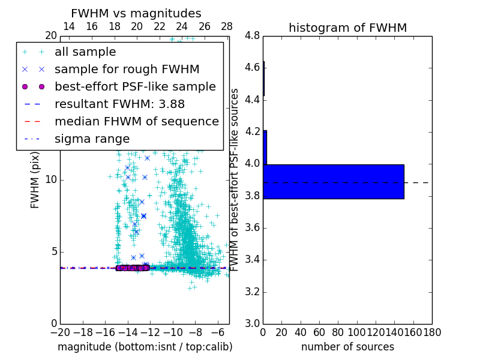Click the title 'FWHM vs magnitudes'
pos(136,14)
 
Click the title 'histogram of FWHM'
pos(347,28)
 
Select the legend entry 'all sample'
pos(85,52)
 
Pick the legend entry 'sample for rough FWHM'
pos(127,69)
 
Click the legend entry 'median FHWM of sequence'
pos(136,121)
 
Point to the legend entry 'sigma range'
pos(92,139)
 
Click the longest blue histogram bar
pos(334,181)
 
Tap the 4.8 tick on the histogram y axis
pos(252,36)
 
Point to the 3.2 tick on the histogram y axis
pos(252,292)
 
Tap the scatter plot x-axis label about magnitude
pos(145,347)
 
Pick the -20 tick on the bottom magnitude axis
pos(60,332)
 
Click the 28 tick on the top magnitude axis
pos(227,26)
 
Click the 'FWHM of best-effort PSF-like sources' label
pos(235,180)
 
